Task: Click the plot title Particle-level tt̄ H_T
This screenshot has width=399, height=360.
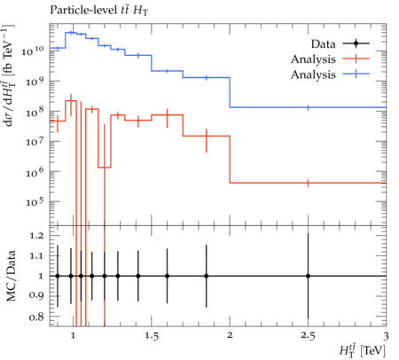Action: pyautogui.click(x=99, y=11)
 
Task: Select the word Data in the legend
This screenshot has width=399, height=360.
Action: pyautogui.click(x=323, y=44)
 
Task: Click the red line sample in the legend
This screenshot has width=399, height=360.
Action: pyautogui.click(x=356, y=59)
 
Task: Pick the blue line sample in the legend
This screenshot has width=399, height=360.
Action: pyautogui.click(x=356, y=74)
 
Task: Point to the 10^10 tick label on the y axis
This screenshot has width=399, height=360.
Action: pyautogui.click(x=33, y=51)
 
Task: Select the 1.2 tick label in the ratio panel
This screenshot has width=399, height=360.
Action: pyautogui.click(x=36, y=236)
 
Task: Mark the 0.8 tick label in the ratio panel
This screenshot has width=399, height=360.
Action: pyautogui.click(x=36, y=317)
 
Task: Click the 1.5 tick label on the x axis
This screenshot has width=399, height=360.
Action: pyautogui.click(x=152, y=336)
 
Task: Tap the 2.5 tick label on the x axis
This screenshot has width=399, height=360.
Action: pyautogui.click(x=308, y=336)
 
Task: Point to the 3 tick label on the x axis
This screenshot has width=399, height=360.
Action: pyautogui.click(x=386, y=336)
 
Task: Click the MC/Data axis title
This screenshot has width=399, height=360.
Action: pyautogui.click(x=11, y=276)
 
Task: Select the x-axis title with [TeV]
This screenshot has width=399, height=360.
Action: pyautogui.click(x=363, y=350)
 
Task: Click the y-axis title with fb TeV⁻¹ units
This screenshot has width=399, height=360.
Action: pyautogui.click(x=10, y=75)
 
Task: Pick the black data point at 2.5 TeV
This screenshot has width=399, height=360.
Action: pyautogui.click(x=308, y=276)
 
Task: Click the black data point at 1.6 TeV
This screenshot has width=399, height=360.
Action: pyautogui.click(x=167, y=276)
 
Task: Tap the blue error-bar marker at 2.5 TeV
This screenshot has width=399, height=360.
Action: pyautogui.click(x=308, y=107)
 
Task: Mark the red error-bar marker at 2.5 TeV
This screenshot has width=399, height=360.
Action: pyautogui.click(x=308, y=184)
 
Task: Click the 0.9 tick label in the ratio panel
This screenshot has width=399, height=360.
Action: pyautogui.click(x=36, y=295)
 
